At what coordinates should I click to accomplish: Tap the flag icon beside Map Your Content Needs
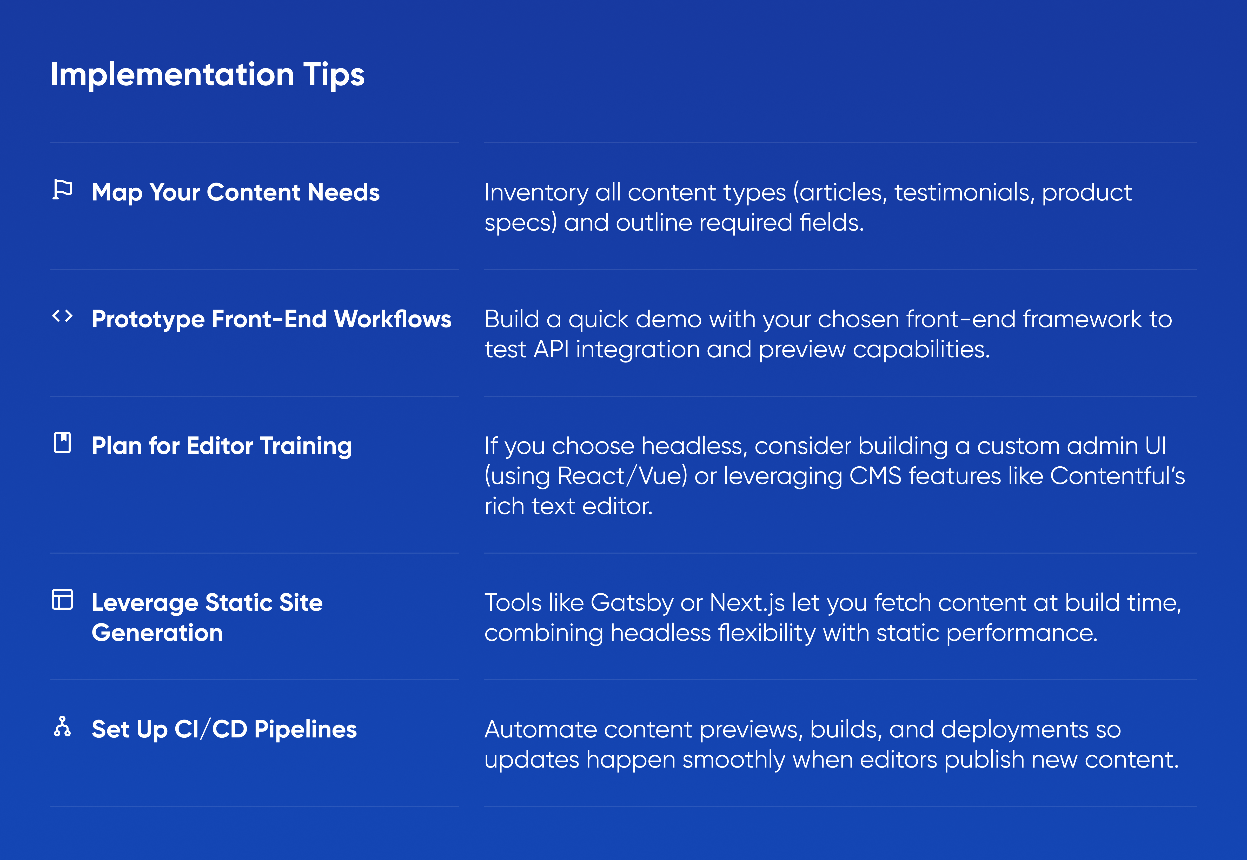click(x=63, y=189)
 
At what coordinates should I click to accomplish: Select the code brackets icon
click(x=63, y=316)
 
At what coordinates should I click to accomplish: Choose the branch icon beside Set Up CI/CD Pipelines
click(x=63, y=726)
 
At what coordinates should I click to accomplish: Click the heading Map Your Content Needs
click(x=236, y=192)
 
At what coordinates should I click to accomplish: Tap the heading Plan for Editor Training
click(x=222, y=446)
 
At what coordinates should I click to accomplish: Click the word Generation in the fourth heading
click(x=157, y=633)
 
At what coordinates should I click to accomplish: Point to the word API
click(x=551, y=349)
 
